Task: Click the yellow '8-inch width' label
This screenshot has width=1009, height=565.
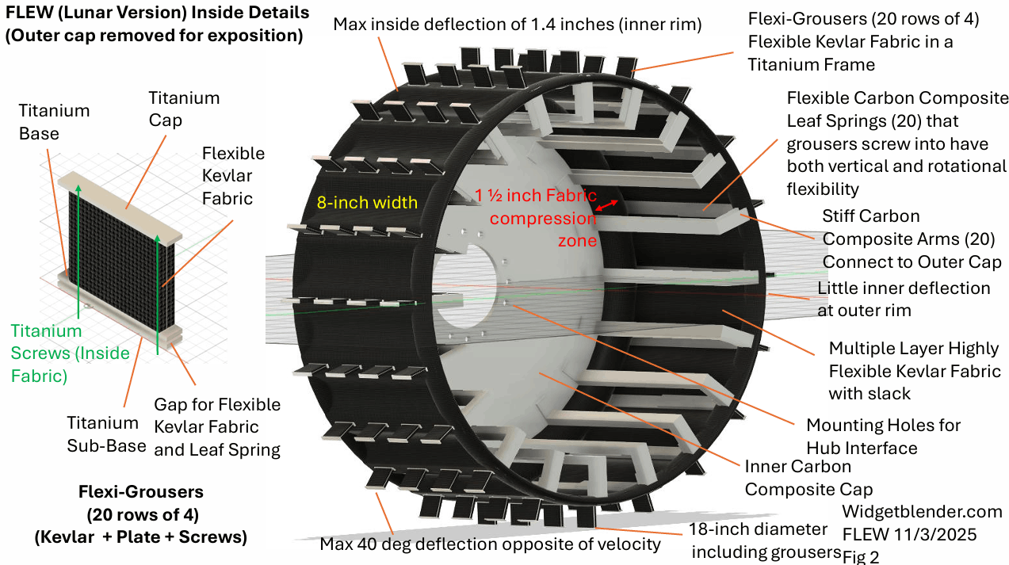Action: coord(367,203)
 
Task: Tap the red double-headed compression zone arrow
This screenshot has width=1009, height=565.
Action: coord(606,205)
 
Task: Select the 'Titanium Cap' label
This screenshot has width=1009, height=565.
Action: coord(184,109)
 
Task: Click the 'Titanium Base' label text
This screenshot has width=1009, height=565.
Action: coord(54,122)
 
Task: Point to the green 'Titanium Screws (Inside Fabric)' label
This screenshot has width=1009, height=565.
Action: coord(70,353)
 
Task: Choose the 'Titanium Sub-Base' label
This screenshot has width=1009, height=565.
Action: coord(106,434)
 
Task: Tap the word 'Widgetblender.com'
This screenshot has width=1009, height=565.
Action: coord(922,512)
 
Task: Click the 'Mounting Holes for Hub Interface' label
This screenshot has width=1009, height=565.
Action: coord(883,437)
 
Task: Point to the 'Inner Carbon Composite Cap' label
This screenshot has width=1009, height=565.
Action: coord(808,478)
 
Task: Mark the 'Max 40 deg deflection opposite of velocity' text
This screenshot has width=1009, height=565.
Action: coord(490,544)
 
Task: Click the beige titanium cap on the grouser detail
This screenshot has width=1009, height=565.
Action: coord(120,208)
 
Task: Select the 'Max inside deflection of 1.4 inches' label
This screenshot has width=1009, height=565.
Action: coord(518,25)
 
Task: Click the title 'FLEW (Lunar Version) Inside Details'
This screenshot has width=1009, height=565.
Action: coord(157,12)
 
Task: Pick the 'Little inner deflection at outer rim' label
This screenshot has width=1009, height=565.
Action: coord(904,299)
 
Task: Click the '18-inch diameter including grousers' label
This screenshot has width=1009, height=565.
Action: coord(766,540)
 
